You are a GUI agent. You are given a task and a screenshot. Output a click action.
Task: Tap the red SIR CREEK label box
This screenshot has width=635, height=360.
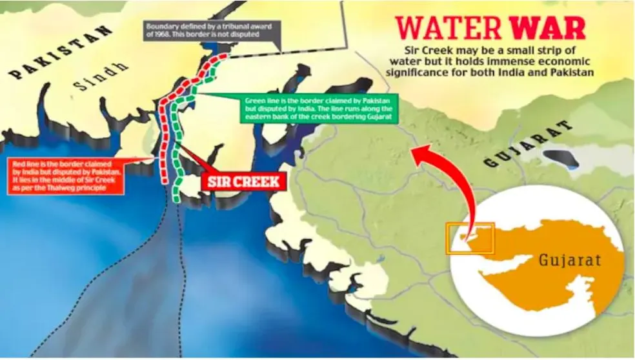(244, 181)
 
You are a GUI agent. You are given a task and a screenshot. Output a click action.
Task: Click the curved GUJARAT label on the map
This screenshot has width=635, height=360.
(529, 143)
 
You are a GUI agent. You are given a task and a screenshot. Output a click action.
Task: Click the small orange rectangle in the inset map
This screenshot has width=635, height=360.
(470, 238)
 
